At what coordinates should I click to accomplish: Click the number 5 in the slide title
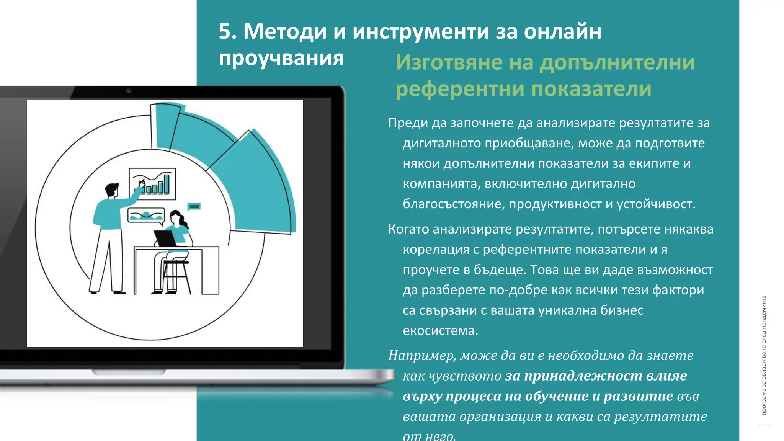(x=225, y=31)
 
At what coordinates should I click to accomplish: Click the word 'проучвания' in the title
(x=281, y=58)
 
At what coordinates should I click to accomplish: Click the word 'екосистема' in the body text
(x=439, y=330)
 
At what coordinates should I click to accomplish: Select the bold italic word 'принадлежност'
(x=583, y=376)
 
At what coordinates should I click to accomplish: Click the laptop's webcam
(x=129, y=91)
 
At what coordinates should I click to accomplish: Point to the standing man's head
(x=112, y=190)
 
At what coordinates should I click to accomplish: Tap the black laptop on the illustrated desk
(x=165, y=238)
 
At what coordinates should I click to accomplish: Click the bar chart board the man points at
(x=152, y=184)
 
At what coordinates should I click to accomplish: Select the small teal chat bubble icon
(x=194, y=207)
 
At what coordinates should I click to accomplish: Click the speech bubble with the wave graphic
(x=146, y=216)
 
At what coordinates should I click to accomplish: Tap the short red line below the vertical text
(x=765, y=425)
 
